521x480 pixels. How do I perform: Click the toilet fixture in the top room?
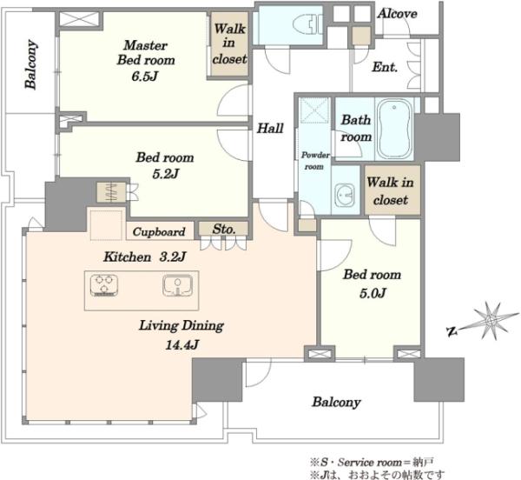tap(308, 24)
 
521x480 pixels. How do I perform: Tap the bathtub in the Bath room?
tap(395, 129)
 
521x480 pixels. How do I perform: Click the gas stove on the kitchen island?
tap(104, 285)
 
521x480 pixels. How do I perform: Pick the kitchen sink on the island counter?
tap(178, 285)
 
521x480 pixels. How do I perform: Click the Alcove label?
tap(397, 14)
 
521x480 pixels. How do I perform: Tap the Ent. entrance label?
tap(385, 67)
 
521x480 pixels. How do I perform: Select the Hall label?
tap(270, 128)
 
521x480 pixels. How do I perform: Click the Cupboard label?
tap(159, 231)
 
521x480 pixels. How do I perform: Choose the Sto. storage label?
tap(224, 229)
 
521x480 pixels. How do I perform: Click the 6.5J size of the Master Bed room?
tap(144, 77)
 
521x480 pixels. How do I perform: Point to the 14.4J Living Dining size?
tap(181, 345)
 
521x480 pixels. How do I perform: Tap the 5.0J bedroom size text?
tap(373, 293)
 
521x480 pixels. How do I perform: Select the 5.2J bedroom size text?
tap(165, 174)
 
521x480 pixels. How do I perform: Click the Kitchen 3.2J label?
tap(144, 257)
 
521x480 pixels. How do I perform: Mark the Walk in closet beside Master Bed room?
tap(229, 43)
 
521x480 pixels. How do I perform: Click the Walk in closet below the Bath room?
tap(391, 191)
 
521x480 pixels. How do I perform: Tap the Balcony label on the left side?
tap(30, 64)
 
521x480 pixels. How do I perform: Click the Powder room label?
tap(315, 161)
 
